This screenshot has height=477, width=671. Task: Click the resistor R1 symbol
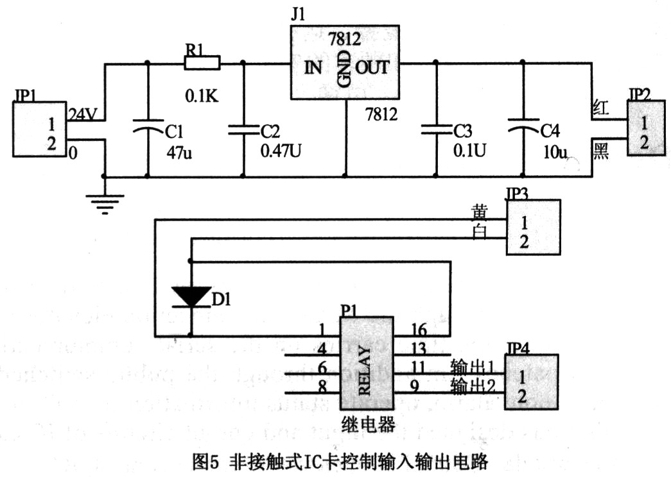pyautogui.click(x=202, y=63)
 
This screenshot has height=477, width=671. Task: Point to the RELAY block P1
pyautogui.click(x=366, y=363)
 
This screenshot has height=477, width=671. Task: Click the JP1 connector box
pyautogui.click(x=40, y=129)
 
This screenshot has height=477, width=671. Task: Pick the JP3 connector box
pyautogui.click(x=532, y=228)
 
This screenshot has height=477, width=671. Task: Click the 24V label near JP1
pyautogui.click(x=83, y=115)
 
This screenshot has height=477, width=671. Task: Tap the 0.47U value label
pyautogui.click(x=281, y=153)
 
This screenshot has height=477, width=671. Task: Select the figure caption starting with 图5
pyautogui.click(x=340, y=461)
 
